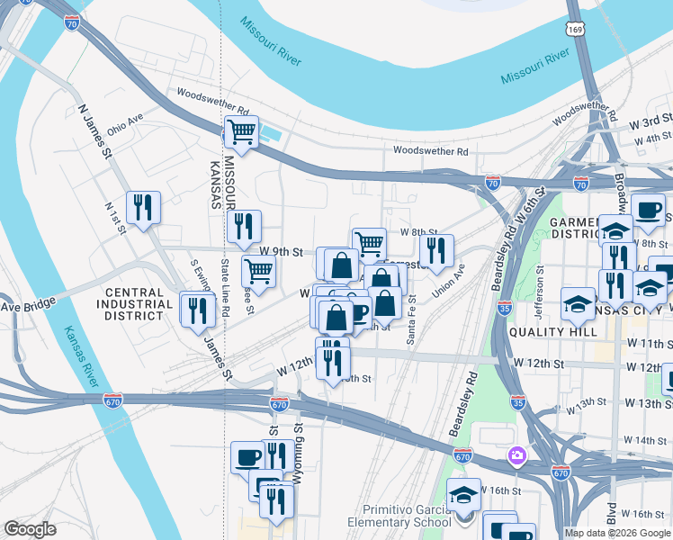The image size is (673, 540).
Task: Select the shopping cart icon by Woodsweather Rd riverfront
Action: click(241, 132)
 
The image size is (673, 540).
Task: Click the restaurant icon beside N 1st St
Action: click(143, 208)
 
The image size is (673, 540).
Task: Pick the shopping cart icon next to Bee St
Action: click(258, 270)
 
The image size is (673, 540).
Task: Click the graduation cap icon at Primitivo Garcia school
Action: click(463, 496)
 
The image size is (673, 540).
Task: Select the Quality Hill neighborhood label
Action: click(552, 331)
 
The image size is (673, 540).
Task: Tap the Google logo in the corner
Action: click(30, 529)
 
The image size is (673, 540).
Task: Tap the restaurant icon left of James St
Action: click(197, 310)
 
